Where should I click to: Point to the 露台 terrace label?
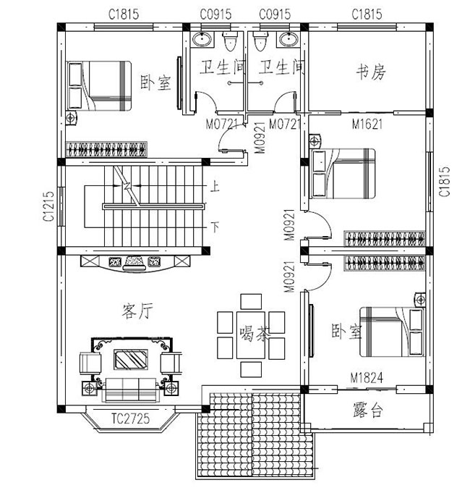(368, 411)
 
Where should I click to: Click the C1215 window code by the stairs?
(48, 206)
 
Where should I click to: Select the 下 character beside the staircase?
(215, 227)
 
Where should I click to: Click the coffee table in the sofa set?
(131, 359)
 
